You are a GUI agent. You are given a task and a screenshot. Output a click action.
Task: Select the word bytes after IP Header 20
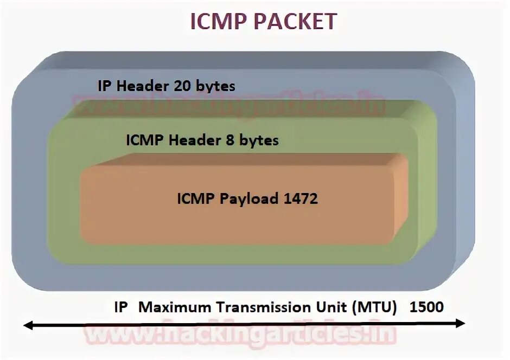pos(216,86)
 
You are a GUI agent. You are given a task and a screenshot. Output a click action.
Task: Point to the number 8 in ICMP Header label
pos(229,140)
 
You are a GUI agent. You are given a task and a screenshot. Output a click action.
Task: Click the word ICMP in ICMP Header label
pos(145,140)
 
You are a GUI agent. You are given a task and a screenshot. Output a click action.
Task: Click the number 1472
pos(301,198)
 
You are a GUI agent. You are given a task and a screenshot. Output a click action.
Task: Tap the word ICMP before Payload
pos(196,198)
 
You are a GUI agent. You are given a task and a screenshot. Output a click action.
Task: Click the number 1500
pos(427,307)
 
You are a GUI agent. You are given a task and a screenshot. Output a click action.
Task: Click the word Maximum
pos(176,307)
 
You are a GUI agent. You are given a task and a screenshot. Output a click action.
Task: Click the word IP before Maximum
pos(121,307)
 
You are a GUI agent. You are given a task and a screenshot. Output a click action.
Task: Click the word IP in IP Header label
pos(104,86)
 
